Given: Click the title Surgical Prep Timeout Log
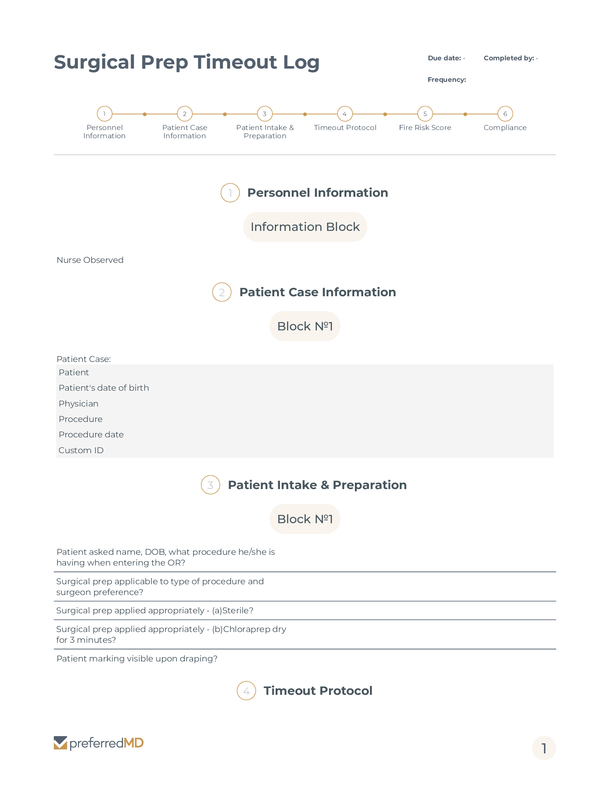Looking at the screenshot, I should (x=187, y=62).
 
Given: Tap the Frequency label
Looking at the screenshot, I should (x=447, y=80).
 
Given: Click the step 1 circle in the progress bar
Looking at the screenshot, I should (x=104, y=114).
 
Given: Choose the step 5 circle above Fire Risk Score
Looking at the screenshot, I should (x=425, y=114).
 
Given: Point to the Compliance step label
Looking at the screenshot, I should (x=505, y=128).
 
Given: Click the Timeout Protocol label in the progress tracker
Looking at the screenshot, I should (x=345, y=128).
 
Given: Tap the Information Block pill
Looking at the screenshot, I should (x=305, y=227).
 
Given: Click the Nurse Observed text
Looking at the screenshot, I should (x=90, y=260).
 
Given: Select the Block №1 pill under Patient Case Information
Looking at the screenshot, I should (x=305, y=326).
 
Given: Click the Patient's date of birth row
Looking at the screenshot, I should (x=104, y=388).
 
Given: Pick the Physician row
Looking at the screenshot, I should (x=79, y=404).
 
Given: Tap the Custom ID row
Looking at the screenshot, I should (x=81, y=450).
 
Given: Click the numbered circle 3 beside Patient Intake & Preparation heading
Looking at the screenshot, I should (x=210, y=485).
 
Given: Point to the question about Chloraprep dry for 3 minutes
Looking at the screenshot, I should (x=170, y=635).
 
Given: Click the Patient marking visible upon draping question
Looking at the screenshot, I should (x=137, y=659).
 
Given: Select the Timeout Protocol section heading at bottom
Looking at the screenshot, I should (x=318, y=691).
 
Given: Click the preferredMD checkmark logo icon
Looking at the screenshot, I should (x=60, y=743).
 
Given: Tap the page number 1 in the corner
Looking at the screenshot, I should (x=544, y=748).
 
